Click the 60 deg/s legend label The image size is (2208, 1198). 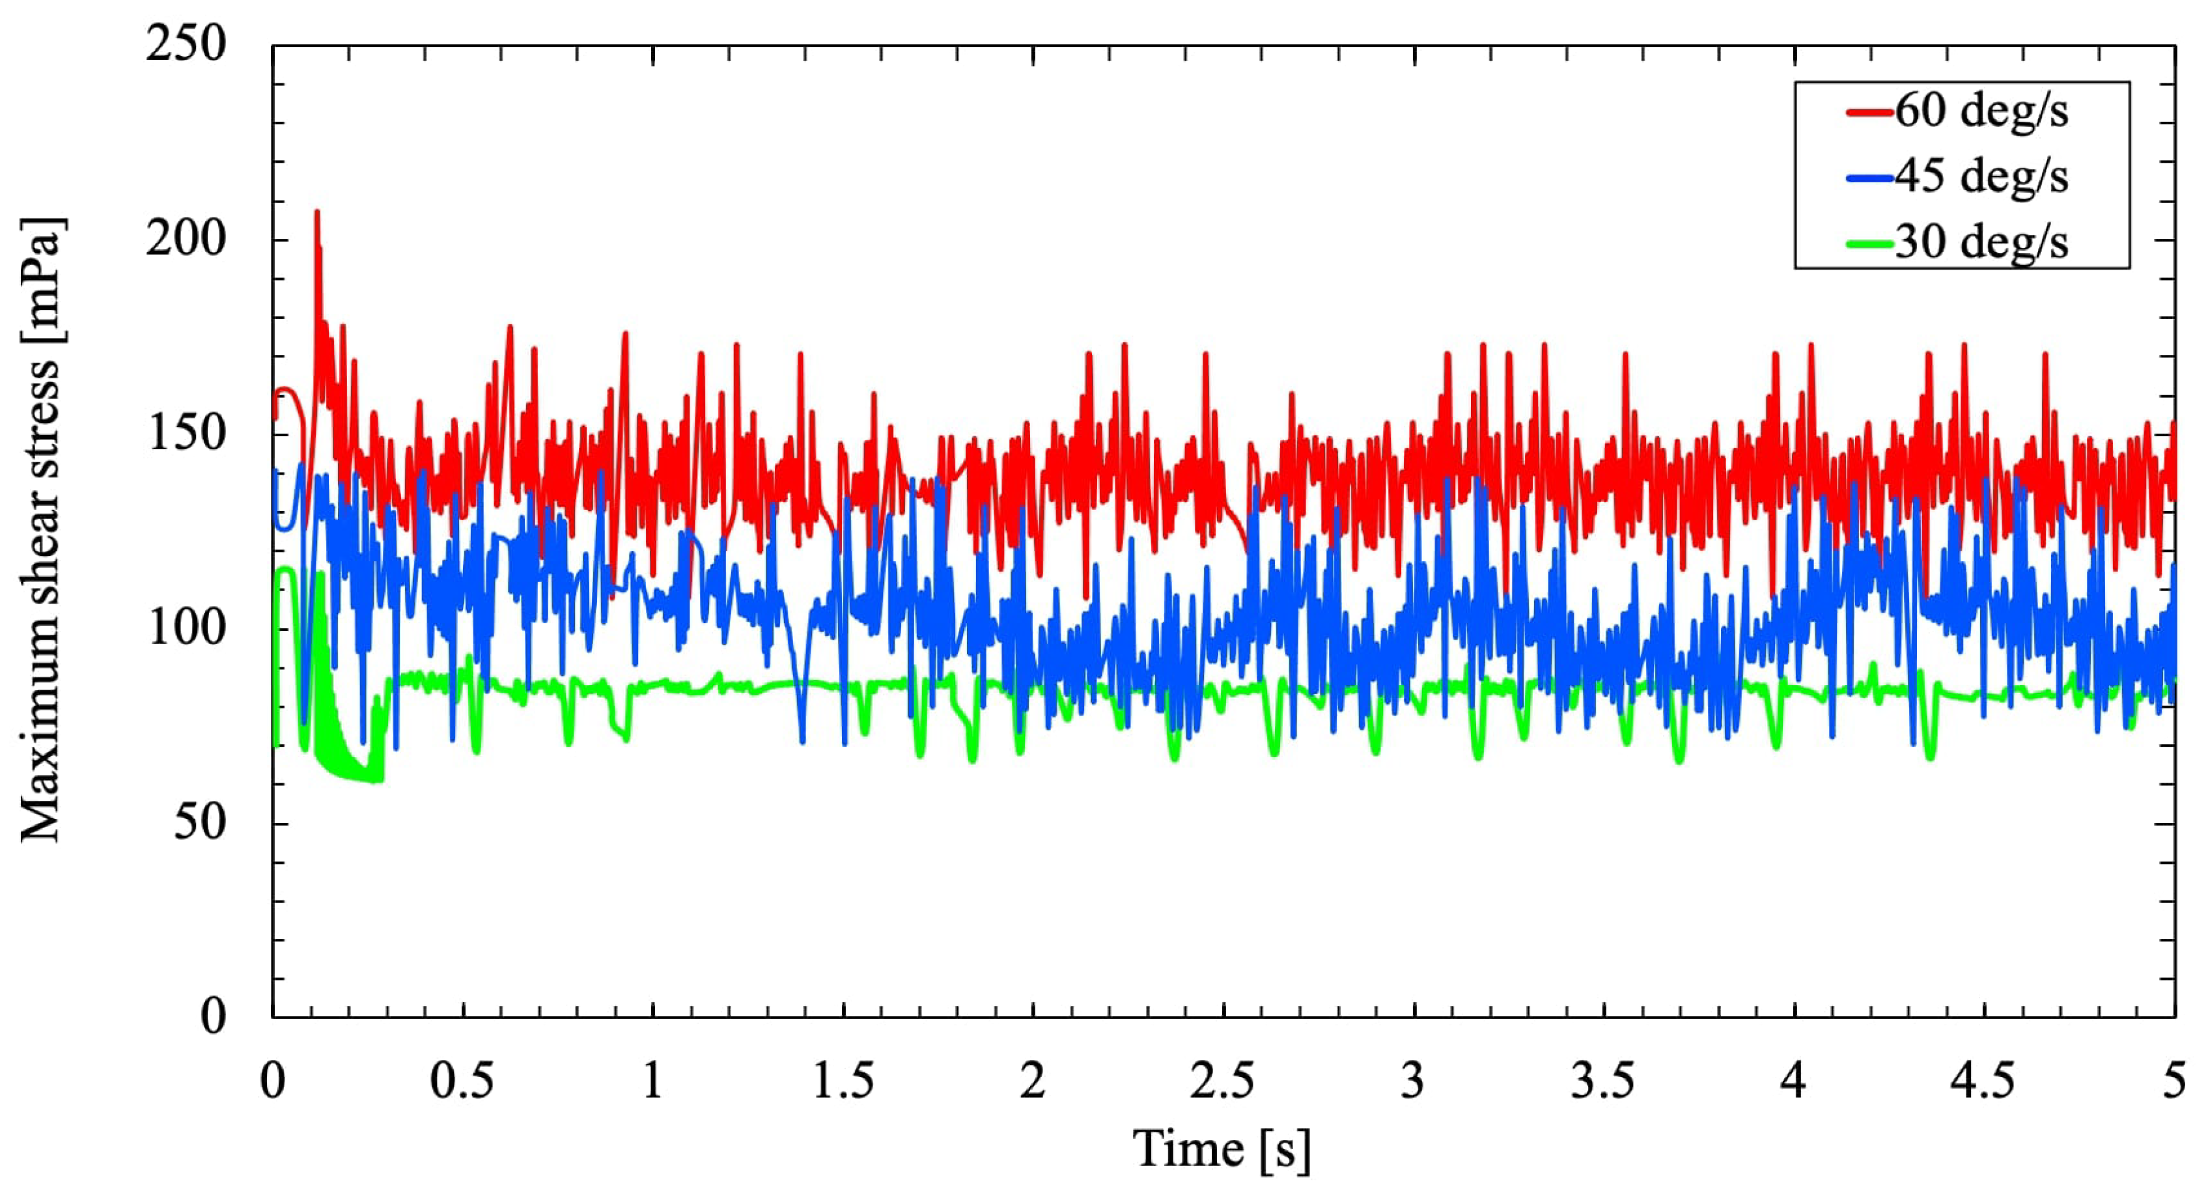[1981, 112]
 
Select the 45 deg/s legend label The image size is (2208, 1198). [1981, 177]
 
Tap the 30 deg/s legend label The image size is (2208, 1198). [1981, 242]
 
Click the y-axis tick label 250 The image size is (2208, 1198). [186, 44]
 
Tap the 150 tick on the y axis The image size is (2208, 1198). [186, 434]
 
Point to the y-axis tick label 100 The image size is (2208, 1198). [186, 628]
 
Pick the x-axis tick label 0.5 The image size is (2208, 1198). [462, 1082]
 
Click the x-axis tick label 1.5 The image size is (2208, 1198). [843, 1082]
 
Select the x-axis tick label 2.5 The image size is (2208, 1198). [1222, 1082]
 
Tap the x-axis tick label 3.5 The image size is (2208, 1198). [1603, 1082]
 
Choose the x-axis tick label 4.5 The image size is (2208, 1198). [1983, 1082]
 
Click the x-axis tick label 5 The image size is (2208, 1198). [2173, 1082]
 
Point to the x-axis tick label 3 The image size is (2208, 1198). [1412, 1082]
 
